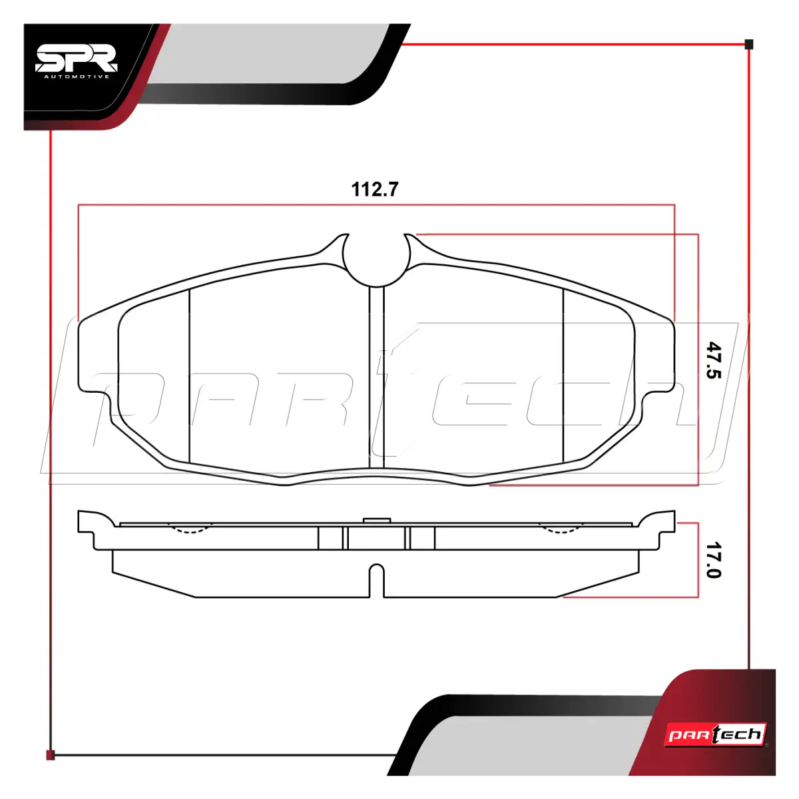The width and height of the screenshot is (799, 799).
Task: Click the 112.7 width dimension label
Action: click(x=374, y=189)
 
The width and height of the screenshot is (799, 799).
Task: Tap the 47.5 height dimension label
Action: click(x=713, y=360)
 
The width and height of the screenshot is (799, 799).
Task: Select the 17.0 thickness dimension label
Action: click(x=713, y=560)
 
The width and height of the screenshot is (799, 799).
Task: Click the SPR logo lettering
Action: click(x=77, y=58)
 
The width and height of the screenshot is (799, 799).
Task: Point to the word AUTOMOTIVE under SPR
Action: click(x=77, y=77)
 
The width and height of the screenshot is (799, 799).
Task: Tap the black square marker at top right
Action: click(x=749, y=45)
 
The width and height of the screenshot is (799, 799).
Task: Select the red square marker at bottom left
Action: click(x=50, y=755)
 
